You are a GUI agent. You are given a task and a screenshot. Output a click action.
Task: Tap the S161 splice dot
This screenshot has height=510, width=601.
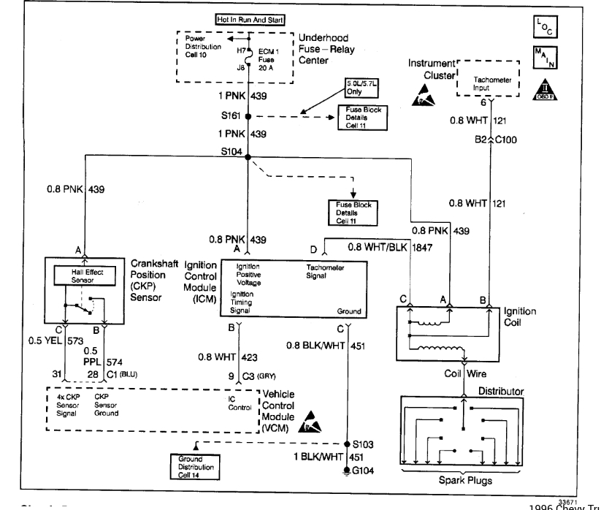pos(248,116)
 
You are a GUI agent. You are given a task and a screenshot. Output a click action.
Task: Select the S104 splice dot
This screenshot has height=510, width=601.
pos(248,156)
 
